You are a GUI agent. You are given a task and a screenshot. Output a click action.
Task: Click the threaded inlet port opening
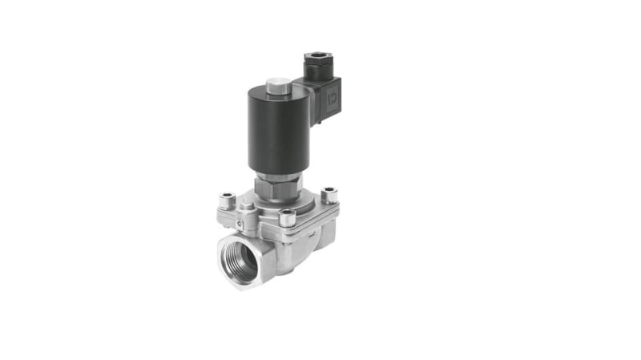(240, 261)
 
